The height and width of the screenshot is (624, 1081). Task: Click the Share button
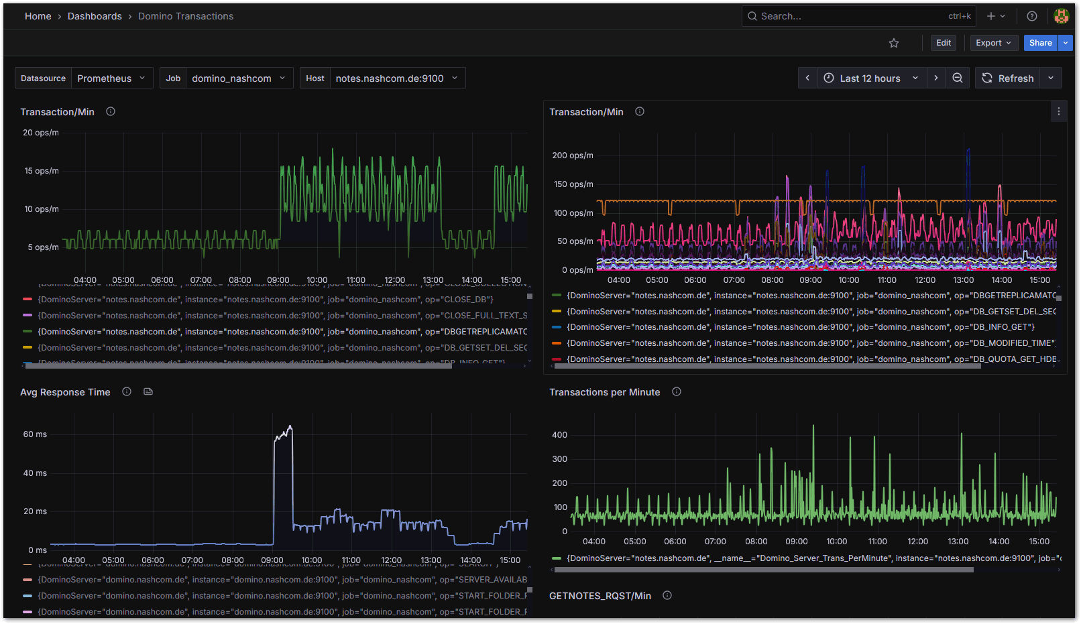point(1040,43)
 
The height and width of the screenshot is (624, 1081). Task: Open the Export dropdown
point(993,43)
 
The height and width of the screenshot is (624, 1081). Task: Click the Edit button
point(943,43)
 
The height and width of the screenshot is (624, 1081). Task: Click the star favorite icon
point(893,43)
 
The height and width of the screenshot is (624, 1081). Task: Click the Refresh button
point(1008,78)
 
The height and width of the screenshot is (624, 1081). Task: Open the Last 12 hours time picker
point(871,78)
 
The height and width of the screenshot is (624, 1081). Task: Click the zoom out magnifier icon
point(957,78)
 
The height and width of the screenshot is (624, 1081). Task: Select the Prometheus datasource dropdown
point(111,78)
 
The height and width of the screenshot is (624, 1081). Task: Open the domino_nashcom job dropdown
point(238,78)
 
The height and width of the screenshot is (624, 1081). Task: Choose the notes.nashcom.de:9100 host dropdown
point(396,78)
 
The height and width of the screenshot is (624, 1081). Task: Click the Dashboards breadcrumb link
point(95,16)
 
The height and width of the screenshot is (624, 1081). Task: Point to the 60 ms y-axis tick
point(35,434)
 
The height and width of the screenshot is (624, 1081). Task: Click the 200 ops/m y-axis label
point(572,155)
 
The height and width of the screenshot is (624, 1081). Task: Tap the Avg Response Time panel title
point(65,392)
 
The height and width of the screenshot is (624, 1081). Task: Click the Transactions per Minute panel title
point(604,392)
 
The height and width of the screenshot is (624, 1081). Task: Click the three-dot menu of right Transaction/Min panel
point(1058,112)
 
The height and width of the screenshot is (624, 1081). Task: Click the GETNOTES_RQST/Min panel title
point(600,596)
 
